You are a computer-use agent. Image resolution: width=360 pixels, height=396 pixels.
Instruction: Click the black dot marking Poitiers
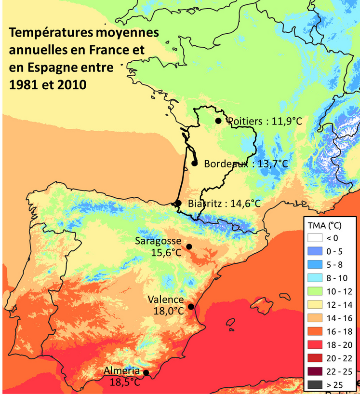218,121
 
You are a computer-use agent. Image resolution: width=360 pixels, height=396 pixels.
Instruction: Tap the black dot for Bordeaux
195,163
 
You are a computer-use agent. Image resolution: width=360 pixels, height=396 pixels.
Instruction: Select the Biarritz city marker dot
178,203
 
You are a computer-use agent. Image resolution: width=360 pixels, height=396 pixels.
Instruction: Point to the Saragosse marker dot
189,247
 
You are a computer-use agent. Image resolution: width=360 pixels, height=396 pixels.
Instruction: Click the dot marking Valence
191,307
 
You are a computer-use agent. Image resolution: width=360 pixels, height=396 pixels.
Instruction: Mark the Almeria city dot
146,372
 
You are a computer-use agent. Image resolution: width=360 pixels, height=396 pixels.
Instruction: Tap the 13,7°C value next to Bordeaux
270,164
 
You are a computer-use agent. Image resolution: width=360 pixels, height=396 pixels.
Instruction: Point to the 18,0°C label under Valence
168,311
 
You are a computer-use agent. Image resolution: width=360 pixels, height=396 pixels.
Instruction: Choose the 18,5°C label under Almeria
123,382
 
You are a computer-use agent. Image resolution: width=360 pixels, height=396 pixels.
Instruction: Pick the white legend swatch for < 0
316,238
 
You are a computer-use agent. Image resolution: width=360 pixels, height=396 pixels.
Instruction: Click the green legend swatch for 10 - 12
316,291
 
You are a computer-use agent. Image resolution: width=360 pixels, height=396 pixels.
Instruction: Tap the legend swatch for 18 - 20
316,345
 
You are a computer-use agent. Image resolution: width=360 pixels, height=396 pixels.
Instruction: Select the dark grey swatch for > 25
316,385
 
